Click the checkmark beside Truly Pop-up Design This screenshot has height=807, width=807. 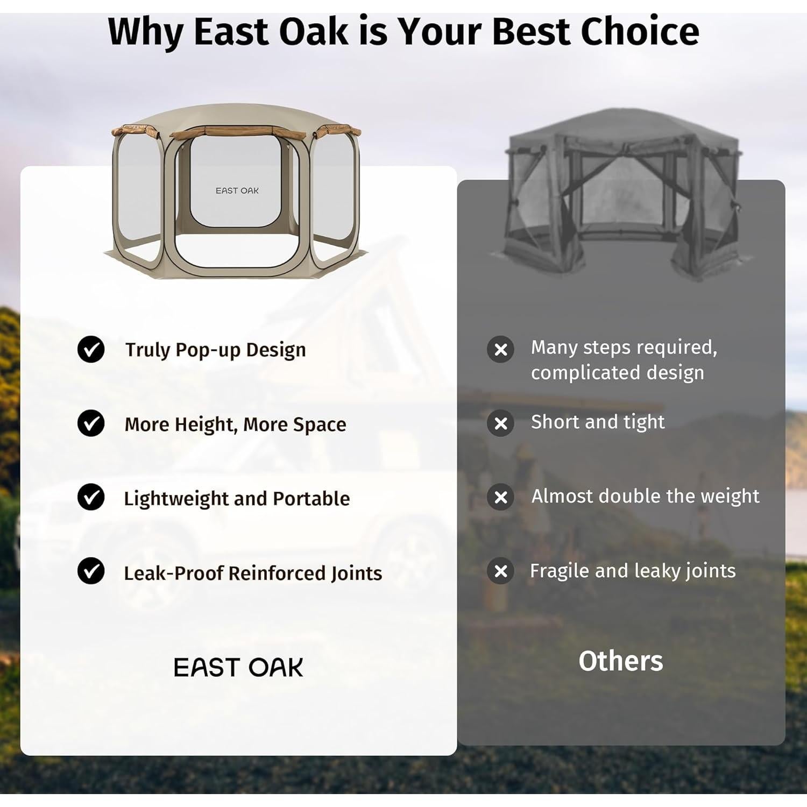(x=91, y=349)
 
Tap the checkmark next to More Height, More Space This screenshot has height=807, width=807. (x=91, y=423)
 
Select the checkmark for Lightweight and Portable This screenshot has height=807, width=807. (x=91, y=497)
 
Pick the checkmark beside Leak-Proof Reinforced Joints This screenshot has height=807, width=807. (x=91, y=571)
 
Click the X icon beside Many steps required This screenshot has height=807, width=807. (x=500, y=350)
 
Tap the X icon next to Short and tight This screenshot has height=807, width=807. (x=500, y=423)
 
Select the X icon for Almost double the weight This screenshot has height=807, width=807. (x=500, y=497)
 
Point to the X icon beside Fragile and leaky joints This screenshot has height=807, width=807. (x=500, y=571)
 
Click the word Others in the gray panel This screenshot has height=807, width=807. (x=621, y=661)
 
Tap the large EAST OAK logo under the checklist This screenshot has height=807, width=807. (x=238, y=668)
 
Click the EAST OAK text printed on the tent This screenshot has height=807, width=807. (x=237, y=190)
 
